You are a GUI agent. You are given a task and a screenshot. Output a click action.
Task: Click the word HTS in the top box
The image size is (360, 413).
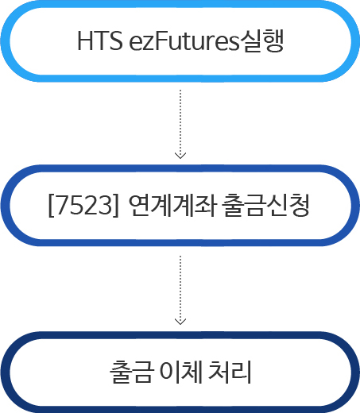[100, 41]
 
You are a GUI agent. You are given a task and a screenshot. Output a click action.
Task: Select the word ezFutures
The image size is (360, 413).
[184, 41]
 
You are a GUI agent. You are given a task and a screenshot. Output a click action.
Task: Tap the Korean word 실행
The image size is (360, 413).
[261, 41]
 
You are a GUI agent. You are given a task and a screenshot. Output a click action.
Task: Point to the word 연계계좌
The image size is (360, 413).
[172, 205]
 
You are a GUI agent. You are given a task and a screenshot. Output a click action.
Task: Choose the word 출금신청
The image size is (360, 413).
[265, 205]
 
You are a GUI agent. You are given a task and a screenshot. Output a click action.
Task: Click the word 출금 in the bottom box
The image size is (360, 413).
[132, 372]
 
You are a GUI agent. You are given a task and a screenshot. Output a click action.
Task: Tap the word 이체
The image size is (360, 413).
[181, 372]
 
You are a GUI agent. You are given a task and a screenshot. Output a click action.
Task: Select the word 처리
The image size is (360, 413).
[230, 372]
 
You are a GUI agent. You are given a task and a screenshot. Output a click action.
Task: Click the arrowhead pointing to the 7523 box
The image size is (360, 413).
[180, 156]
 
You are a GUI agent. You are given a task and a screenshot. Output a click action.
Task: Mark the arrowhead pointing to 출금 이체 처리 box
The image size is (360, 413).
[180, 321]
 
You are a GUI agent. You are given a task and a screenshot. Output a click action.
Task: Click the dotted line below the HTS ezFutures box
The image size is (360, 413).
[180, 124]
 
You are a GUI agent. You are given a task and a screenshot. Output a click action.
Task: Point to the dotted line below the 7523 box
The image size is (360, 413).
[180, 290]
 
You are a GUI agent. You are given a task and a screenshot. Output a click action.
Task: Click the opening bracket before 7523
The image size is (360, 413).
[52, 206]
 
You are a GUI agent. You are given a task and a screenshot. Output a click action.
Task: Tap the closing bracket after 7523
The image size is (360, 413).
[116, 206]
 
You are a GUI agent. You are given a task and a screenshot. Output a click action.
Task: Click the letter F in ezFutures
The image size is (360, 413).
[161, 41]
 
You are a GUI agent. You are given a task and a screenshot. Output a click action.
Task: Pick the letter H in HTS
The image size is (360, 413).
[84, 41]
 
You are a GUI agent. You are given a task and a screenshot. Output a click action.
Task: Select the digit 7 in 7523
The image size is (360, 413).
[62, 206]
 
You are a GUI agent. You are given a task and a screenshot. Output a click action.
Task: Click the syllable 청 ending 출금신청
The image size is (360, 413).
[299, 205]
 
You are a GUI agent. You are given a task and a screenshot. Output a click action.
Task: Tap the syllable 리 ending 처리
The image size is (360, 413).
[241, 372]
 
